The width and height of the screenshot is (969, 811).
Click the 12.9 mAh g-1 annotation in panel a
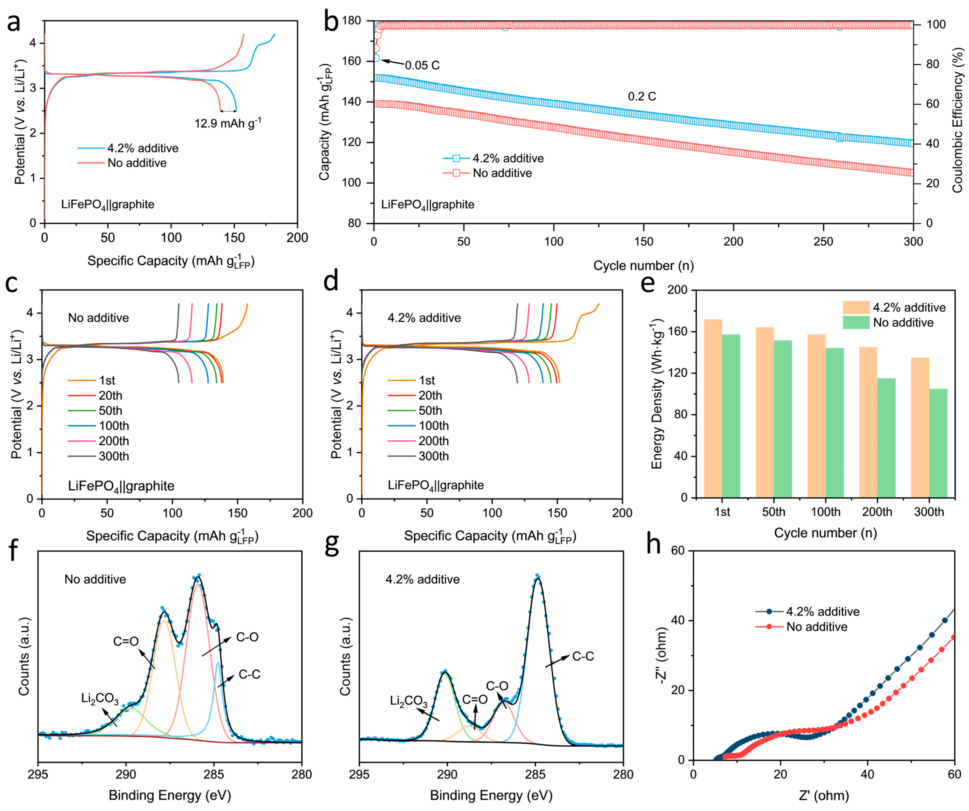click(x=228, y=123)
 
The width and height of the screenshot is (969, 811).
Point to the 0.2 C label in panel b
click(x=642, y=97)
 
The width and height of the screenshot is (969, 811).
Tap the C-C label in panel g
click(x=583, y=656)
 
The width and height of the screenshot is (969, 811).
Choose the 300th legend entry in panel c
click(x=113, y=456)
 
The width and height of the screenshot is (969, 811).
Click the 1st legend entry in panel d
click(x=427, y=381)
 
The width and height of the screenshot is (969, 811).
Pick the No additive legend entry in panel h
click(x=817, y=627)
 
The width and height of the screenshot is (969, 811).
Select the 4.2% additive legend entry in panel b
click(x=508, y=158)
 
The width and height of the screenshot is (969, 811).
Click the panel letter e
click(x=648, y=283)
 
